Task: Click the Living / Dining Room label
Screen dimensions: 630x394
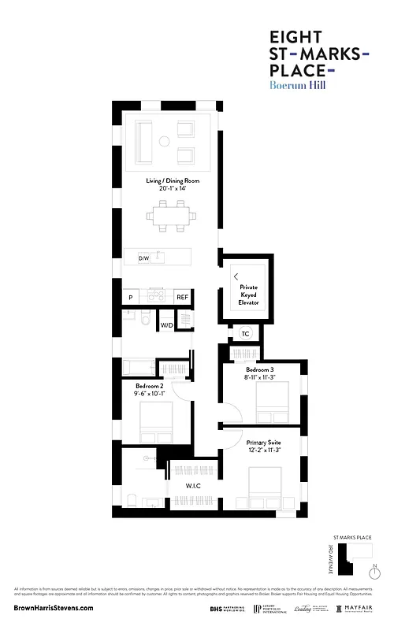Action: pyautogui.click(x=172, y=184)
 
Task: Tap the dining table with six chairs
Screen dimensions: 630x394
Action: pyautogui.click(x=171, y=215)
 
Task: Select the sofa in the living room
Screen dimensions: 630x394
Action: pyautogui.click(x=145, y=141)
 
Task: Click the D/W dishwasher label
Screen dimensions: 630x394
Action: pyautogui.click(x=143, y=258)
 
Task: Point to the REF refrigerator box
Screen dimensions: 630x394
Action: pyautogui.click(x=182, y=297)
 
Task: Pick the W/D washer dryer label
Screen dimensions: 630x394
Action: pyautogui.click(x=166, y=324)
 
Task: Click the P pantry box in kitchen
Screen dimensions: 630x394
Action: pyautogui.click(x=130, y=297)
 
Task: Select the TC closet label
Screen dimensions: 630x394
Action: pyautogui.click(x=245, y=334)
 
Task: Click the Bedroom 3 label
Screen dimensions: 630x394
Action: pyautogui.click(x=260, y=372)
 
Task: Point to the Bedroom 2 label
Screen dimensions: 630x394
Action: pyautogui.click(x=149, y=389)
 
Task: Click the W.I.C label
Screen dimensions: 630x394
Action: pyautogui.click(x=194, y=486)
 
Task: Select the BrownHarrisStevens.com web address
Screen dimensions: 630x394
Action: pyautogui.click(x=54, y=608)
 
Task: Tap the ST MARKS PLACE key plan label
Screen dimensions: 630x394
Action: pyautogui.click(x=351, y=535)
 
